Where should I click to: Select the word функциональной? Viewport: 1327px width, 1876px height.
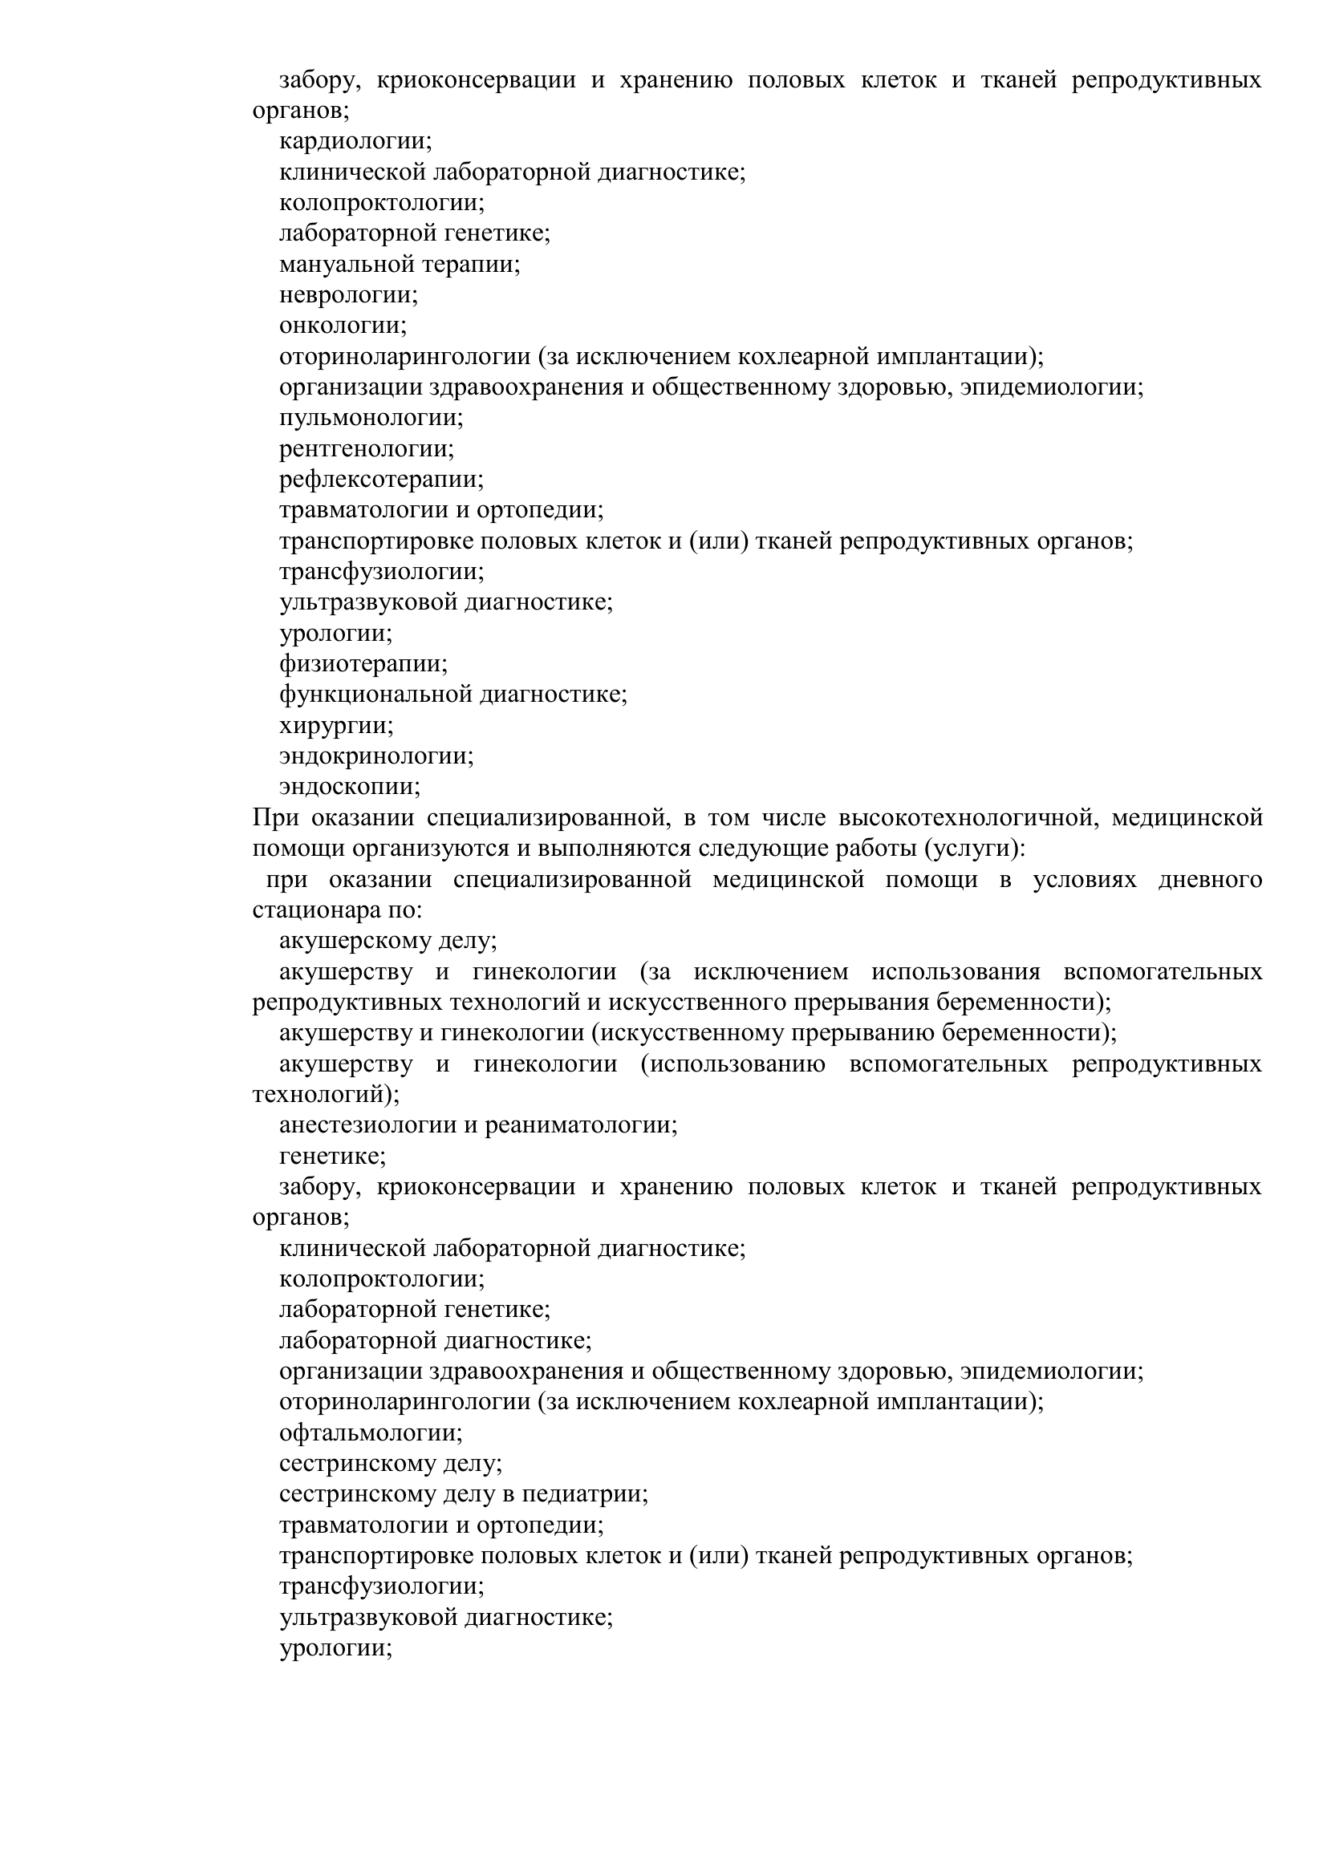point(375,695)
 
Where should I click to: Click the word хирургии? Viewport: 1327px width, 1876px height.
point(336,725)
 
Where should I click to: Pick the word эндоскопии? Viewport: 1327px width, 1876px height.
point(350,787)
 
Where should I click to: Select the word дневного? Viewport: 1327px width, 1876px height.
point(1210,879)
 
